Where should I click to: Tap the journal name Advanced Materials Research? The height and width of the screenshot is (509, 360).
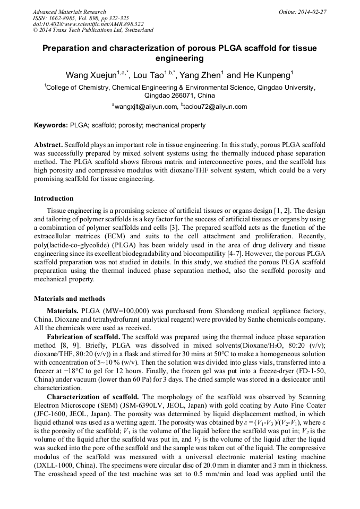tap(69, 11)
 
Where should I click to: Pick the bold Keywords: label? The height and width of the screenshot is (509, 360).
tap(51, 125)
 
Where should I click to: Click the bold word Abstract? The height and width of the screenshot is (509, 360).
tap(48, 145)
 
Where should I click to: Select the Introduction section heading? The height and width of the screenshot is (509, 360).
tap(54, 199)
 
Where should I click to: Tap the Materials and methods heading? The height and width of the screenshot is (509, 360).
tap(70, 298)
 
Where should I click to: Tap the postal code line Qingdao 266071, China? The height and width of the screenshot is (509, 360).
tap(179, 96)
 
